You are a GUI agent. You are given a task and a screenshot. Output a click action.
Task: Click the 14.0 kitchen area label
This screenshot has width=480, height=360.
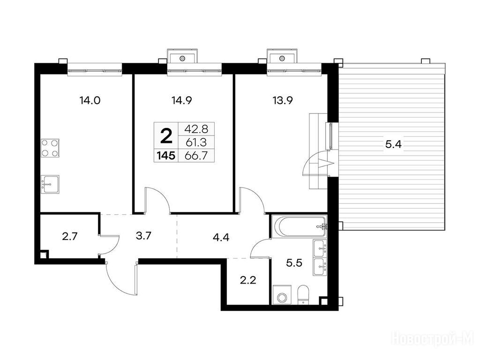click(x=90, y=100)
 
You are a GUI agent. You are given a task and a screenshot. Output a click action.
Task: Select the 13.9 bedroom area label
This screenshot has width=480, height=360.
click(x=283, y=100)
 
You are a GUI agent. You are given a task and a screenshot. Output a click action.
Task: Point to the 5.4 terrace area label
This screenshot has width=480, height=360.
click(x=393, y=144)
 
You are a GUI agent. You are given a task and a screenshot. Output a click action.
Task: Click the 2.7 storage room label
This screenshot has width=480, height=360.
click(x=70, y=236)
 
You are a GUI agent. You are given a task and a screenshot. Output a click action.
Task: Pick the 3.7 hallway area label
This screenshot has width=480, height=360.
click(x=143, y=236)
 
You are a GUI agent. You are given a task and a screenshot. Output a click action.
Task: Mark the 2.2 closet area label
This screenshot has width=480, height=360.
click(x=247, y=280)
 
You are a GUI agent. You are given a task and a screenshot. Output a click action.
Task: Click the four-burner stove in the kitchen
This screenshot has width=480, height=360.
click(x=50, y=148)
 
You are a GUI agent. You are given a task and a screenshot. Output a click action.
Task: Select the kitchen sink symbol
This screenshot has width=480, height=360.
click(x=50, y=184)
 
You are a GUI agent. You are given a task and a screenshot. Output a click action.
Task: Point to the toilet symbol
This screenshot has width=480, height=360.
click(x=304, y=295)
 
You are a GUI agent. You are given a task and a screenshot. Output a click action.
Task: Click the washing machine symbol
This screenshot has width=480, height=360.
click(x=281, y=295)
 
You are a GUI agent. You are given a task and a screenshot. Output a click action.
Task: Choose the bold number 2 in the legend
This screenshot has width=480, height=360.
click(x=166, y=136)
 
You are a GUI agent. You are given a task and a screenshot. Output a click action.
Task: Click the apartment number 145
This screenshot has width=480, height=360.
click(x=166, y=156)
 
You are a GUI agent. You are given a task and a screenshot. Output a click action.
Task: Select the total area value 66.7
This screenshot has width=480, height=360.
click(x=196, y=156)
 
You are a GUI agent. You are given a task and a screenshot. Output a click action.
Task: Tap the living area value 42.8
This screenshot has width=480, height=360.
click(x=196, y=129)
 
